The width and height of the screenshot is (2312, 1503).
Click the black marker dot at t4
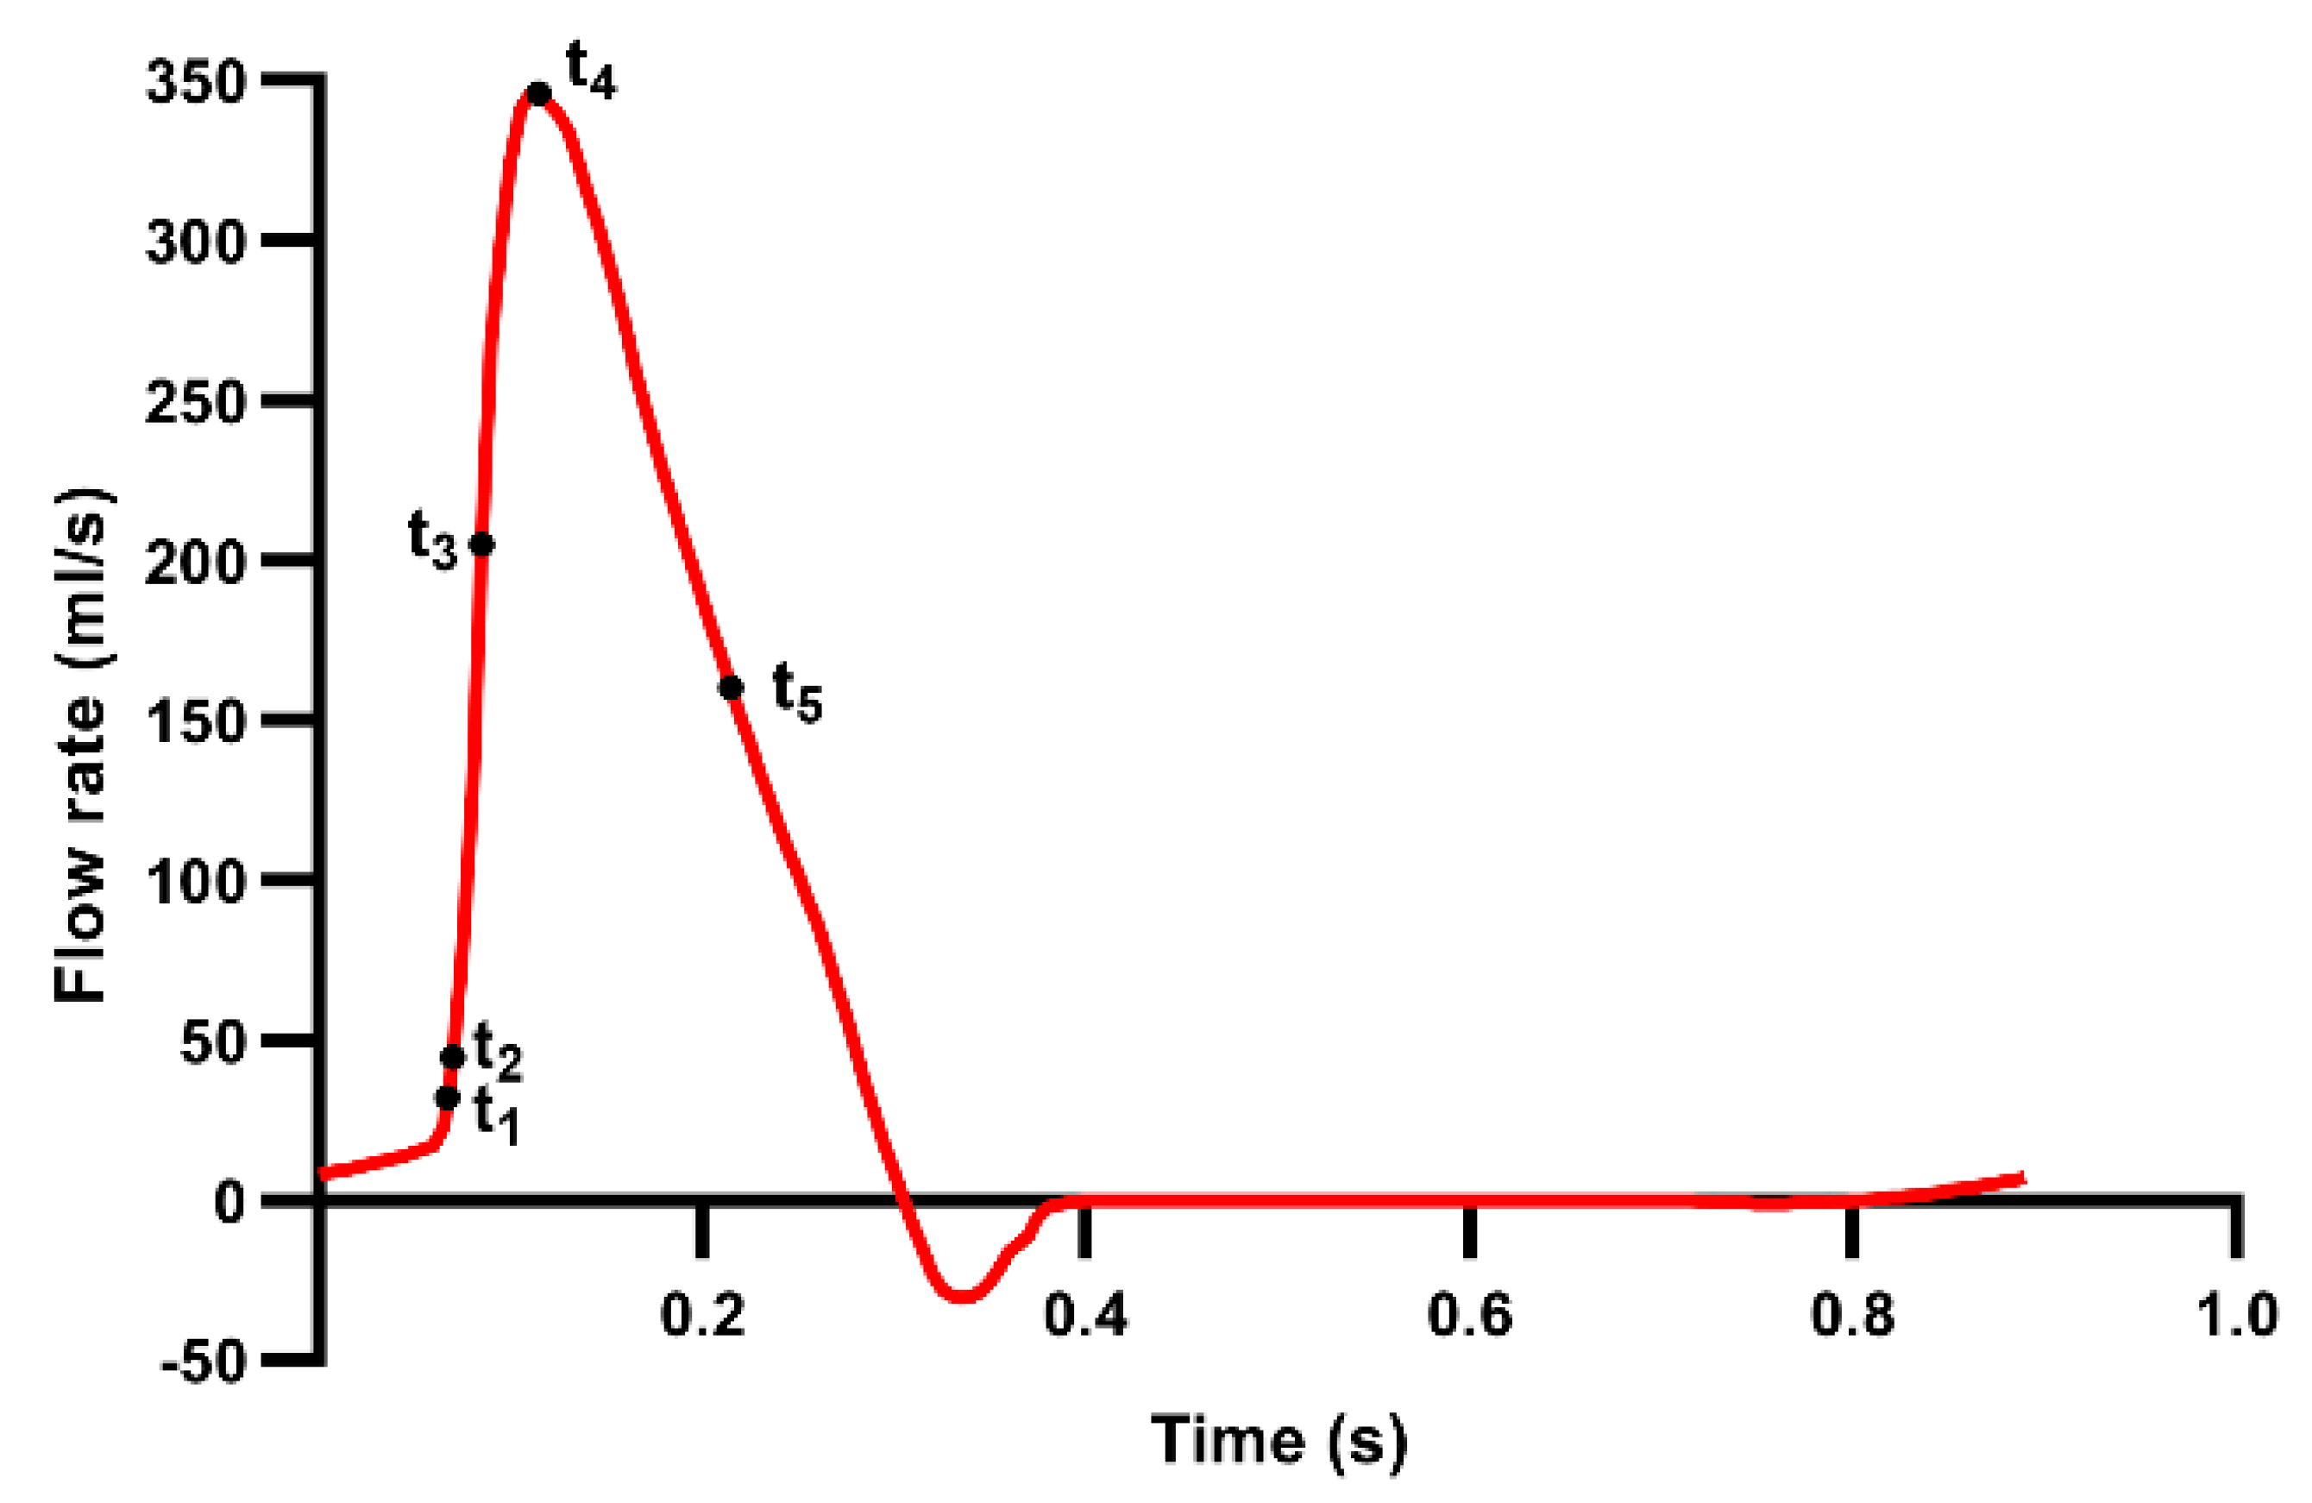point(538,94)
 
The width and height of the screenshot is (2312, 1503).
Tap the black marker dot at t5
point(731,688)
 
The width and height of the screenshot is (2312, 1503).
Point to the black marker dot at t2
point(453,1057)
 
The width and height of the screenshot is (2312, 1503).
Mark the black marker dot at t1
point(447,1097)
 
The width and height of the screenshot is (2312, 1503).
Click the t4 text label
point(591,71)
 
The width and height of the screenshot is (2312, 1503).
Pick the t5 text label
point(796,693)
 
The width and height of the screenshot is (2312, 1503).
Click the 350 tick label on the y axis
point(195,83)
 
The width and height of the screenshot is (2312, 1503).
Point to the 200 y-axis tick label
point(195,562)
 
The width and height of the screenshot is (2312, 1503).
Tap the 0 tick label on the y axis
point(229,1203)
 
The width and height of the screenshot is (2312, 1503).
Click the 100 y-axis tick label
point(195,882)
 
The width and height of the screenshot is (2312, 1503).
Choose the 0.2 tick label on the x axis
point(702,1315)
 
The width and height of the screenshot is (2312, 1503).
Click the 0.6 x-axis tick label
point(1470,1315)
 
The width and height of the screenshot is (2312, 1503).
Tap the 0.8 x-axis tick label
point(1852,1315)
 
